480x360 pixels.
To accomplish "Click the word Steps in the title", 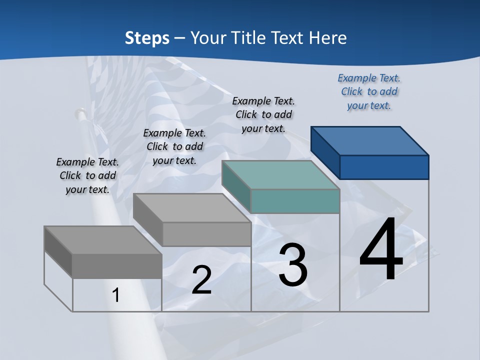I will [147, 38].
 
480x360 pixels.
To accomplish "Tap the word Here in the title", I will [328, 38].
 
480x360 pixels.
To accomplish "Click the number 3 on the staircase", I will [293, 265].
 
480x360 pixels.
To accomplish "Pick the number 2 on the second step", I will [201, 280].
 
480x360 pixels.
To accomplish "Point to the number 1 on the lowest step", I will [116, 295].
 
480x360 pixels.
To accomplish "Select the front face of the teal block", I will [295, 201].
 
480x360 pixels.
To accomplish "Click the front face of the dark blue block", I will [384, 167].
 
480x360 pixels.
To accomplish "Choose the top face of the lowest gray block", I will [103, 240].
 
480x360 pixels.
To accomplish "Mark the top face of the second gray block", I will [192, 207].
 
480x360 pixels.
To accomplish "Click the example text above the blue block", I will [369, 92].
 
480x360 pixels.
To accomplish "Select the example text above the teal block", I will [263, 115].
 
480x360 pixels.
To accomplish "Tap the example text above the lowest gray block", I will [87, 175].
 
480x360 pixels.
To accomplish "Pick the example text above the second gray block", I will [174, 146].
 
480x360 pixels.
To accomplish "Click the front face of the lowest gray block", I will [117, 266].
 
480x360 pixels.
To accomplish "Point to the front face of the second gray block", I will [206, 234].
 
